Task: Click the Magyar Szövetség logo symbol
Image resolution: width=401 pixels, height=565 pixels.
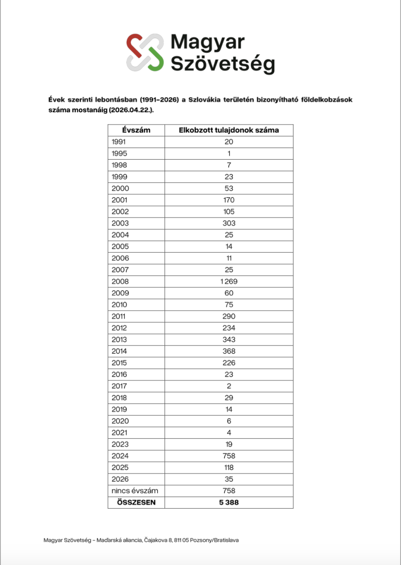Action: pyautogui.click(x=145, y=52)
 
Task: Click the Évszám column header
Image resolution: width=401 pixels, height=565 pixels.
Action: pyautogui.click(x=136, y=130)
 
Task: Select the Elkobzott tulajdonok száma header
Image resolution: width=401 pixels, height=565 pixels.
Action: pyautogui.click(x=229, y=130)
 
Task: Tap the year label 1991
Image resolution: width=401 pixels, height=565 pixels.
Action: pyautogui.click(x=119, y=142)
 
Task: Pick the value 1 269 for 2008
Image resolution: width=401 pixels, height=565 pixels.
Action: pyautogui.click(x=229, y=281)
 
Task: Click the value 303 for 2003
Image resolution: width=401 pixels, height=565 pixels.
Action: pyautogui.click(x=229, y=223)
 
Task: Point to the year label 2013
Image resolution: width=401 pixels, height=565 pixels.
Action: pyautogui.click(x=120, y=339)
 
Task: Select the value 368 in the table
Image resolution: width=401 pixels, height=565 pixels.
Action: pyautogui.click(x=229, y=351)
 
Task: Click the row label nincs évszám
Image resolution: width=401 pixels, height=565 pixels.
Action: pyautogui.click(x=135, y=491)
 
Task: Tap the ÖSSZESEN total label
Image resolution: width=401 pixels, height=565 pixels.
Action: pyautogui.click(x=136, y=502)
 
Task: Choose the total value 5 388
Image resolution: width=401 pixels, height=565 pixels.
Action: pyautogui.click(x=229, y=502)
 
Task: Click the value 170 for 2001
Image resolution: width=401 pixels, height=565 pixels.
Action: pyautogui.click(x=229, y=200)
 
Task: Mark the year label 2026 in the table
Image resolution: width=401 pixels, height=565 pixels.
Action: pyautogui.click(x=120, y=479)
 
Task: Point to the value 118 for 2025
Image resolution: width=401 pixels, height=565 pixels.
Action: pyautogui.click(x=229, y=467)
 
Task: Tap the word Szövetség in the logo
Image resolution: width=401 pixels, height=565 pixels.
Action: pyautogui.click(x=223, y=64)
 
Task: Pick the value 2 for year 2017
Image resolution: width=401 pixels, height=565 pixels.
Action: pyautogui.click(x=229, y=386)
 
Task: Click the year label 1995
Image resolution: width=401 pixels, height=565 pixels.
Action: pyautogui.click(x=119, y=154)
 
